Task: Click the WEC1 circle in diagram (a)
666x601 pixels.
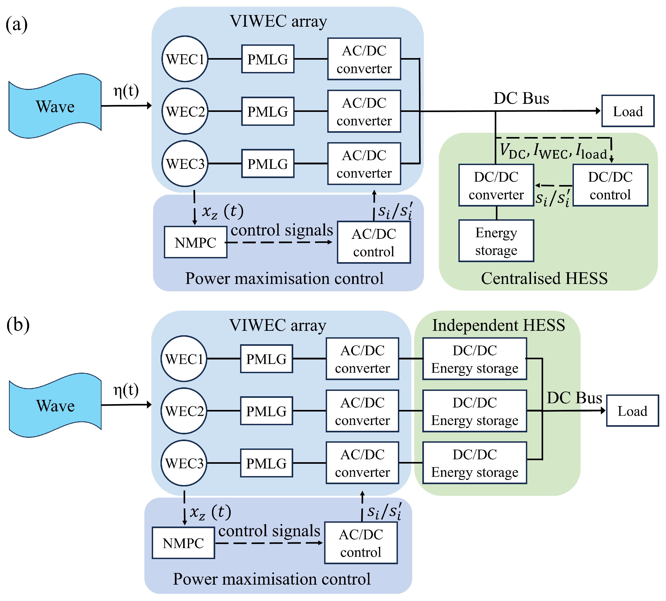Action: [185, 59]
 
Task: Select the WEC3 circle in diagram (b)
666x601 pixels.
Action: [184, 463]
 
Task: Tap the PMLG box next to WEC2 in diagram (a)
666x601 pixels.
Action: [268, 111]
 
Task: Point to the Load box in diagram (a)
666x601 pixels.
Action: [628, 111]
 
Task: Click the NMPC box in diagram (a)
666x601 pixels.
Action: [195, 242]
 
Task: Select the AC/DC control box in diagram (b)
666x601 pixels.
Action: [361, 543]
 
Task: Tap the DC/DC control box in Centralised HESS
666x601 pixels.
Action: [610, 185]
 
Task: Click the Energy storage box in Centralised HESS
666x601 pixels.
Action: [496, 241]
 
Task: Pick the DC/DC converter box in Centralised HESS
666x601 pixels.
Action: [496, 185]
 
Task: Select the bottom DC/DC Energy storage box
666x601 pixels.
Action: [475, 463]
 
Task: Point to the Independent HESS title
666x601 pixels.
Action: [498, 325]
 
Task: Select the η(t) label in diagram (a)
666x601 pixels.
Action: [126, 91]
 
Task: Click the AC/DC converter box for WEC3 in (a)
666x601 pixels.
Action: [364, 164]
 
